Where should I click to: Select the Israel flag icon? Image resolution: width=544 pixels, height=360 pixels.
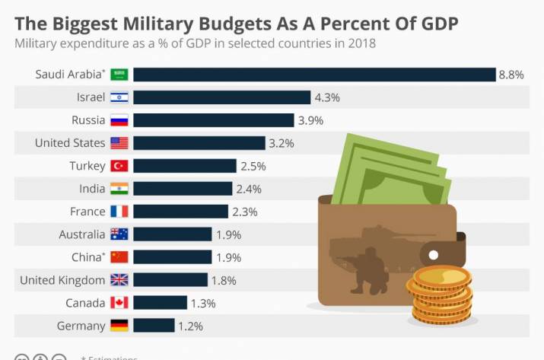point(119,97)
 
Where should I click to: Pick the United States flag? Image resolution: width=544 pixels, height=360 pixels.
point(119,142)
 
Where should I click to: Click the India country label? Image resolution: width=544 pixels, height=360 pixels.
point(92,188)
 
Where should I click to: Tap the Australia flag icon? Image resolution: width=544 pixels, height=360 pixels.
point(119,234)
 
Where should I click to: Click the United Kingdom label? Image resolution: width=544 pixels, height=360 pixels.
point(62,279)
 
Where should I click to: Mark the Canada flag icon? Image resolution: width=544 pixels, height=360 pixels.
point(119,302)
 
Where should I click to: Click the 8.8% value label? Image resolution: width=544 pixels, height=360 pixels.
point(511,74)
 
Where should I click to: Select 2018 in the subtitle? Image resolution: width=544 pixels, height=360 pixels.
point(362,43)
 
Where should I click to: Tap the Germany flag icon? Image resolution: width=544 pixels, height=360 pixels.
point(119,325)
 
